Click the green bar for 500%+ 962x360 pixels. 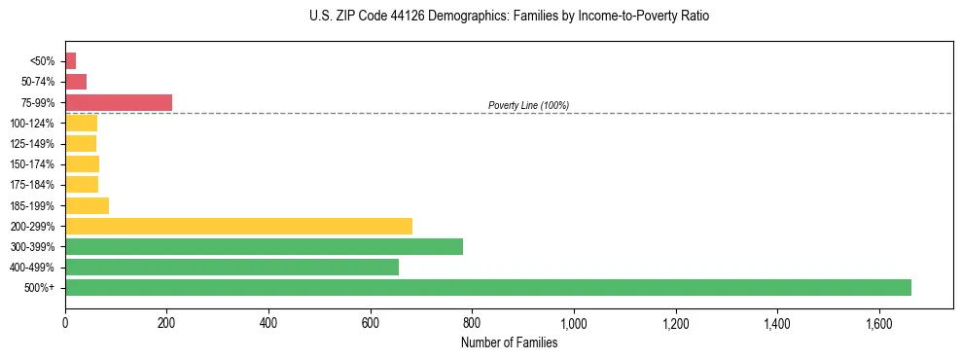[487, 287]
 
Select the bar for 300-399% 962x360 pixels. [264, 246]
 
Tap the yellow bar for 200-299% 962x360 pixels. [238, 226]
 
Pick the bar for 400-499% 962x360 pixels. [232, 267]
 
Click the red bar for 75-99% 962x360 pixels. [119, 102]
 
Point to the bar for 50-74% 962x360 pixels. [76, 82]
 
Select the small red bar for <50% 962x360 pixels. [71, 61]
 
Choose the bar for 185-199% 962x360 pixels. [87, 205]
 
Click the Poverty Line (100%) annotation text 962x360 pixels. [528, 105]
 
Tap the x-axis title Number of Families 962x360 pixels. [509, 342]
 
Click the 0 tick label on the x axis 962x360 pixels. [65, 322]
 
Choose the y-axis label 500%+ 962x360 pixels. [41, 288]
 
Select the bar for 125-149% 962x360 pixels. [81, 144]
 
